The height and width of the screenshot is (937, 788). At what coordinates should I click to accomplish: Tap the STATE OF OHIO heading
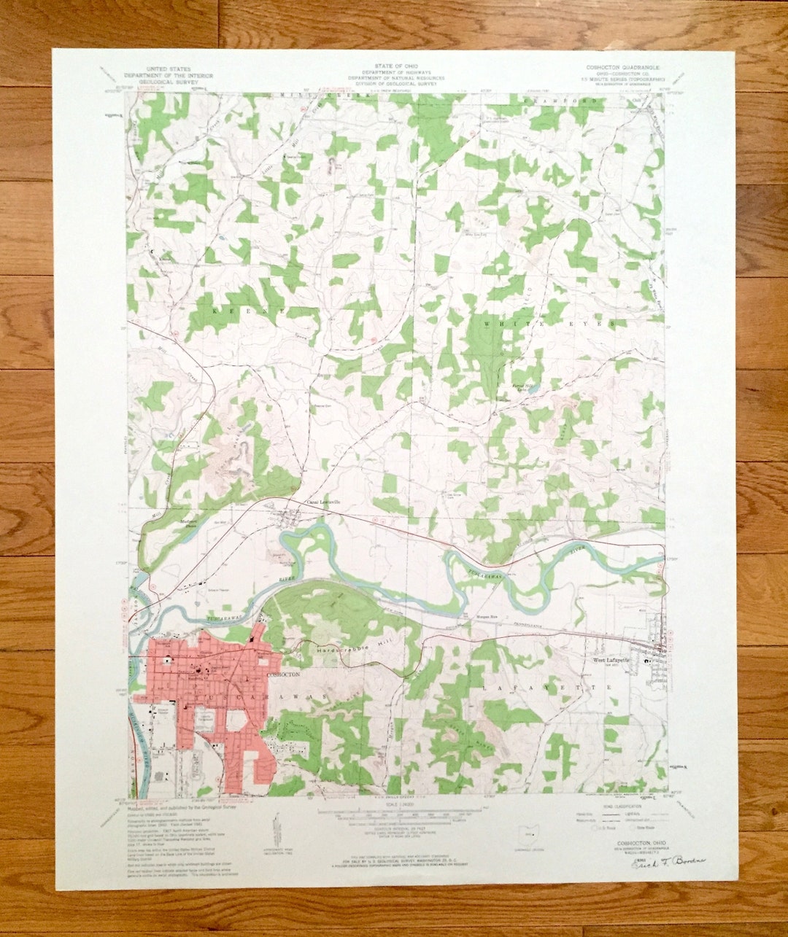(x=393, y=66)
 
